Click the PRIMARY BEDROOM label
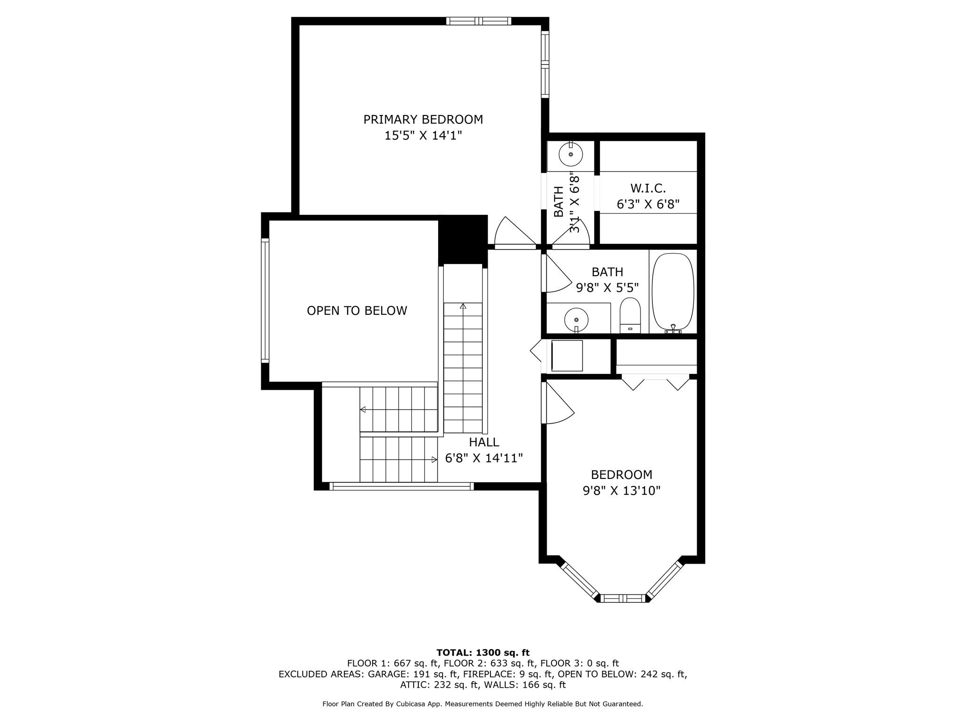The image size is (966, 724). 423,120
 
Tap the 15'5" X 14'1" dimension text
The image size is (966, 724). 423,136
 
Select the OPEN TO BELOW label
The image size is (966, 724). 357,311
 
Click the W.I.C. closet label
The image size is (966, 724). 648,189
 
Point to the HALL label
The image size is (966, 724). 484,442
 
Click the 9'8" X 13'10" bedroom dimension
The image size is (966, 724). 622,491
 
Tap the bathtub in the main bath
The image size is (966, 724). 673,293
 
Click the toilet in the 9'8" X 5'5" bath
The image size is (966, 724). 630,315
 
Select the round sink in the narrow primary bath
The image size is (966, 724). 571,154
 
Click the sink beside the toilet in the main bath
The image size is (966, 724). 576,320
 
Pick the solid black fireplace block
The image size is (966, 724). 463,240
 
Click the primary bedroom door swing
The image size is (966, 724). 516,232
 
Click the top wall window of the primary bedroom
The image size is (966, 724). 479,21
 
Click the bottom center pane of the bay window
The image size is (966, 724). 623,598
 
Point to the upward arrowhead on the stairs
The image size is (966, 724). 463,306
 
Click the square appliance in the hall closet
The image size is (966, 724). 567,355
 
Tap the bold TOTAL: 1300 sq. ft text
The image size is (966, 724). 483,653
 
